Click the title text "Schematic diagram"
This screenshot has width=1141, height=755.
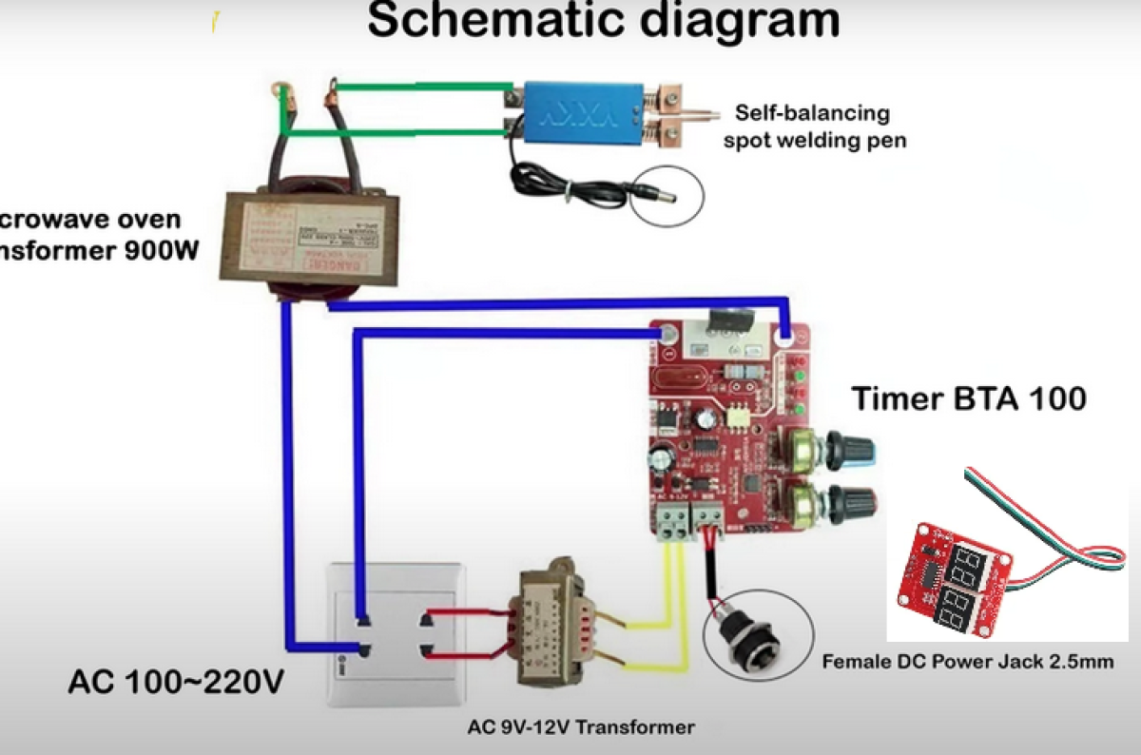[603, 21]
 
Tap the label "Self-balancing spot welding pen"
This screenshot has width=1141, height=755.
[812, 126]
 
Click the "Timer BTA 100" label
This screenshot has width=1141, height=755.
[968, 397]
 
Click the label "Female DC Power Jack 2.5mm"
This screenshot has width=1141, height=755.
[968, 662]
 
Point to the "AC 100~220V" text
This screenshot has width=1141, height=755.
[176, 683]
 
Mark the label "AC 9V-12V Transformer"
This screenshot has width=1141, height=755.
[581, 728]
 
